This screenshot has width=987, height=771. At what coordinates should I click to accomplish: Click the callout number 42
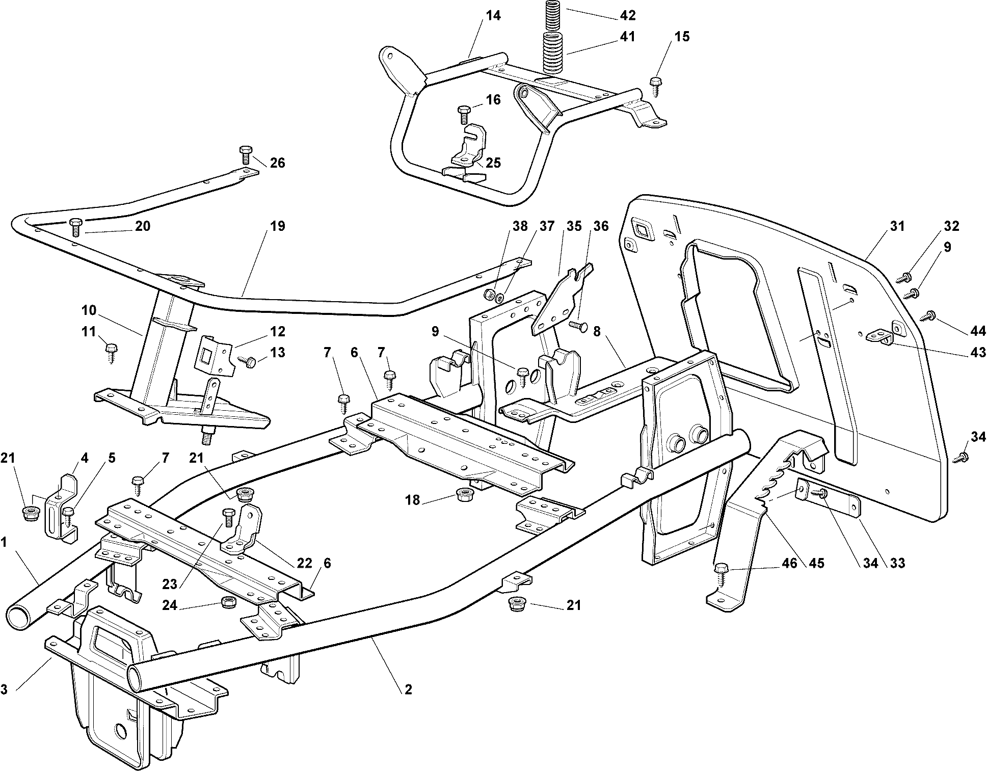pos(628,16)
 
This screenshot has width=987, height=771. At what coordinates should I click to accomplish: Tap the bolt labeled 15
pos(655,85)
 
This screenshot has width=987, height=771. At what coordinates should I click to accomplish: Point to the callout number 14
pos(493,16)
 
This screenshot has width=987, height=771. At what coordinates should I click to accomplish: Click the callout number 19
pos(278,226)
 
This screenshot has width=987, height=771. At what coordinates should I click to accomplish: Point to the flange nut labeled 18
pos(464,494)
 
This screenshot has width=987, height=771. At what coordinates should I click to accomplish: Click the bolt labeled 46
pos(722,573)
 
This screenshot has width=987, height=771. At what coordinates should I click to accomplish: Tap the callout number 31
pos(897,226)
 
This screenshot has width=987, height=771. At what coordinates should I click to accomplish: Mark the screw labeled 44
pos(927,317)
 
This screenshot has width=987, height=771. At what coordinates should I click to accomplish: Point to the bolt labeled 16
pos(464,114)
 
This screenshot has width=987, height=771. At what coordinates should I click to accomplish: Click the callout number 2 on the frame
pos(408,689)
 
